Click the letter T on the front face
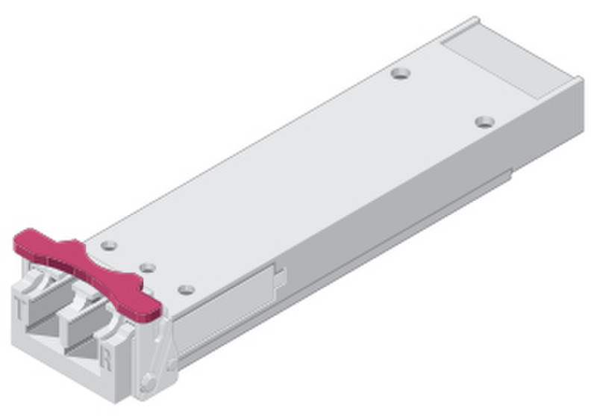tap(19, 308)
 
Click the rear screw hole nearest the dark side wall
tap(484, 122)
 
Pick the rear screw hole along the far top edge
tap(401, 73)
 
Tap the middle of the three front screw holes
tap(148, 268)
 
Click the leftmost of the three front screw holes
tap(109, 245)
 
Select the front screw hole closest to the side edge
tap(186, 290)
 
